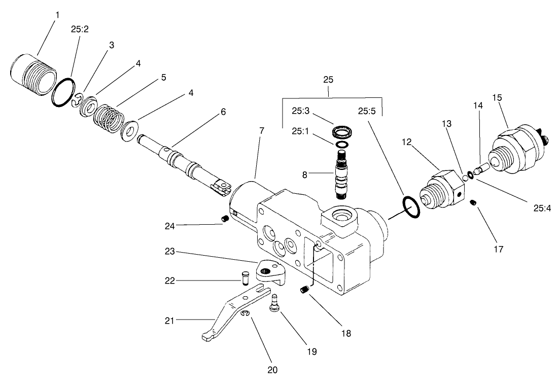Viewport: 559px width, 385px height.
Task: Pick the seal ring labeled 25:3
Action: pos(343,133)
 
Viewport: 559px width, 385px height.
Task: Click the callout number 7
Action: pos(261,131)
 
